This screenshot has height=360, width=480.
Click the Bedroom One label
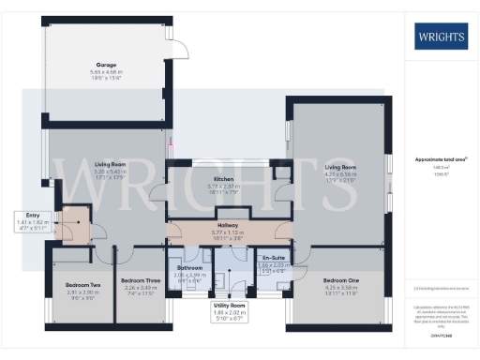(341, 280)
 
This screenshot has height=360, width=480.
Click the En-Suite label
(273, 257)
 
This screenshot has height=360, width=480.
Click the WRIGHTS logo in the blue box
(440, 39)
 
